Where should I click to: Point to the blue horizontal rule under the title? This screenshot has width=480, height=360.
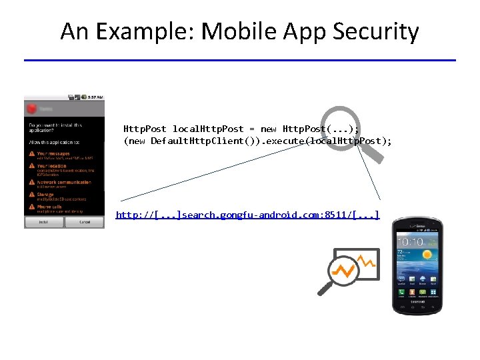[240, 61]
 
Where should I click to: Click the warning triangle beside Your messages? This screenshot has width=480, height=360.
[31, 154]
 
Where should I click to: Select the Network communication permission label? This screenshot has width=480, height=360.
[64, 181]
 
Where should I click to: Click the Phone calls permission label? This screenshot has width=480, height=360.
[51, 207]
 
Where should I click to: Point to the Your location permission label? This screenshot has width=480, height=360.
[52, 166]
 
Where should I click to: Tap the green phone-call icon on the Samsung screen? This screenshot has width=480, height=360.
[402, 291]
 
